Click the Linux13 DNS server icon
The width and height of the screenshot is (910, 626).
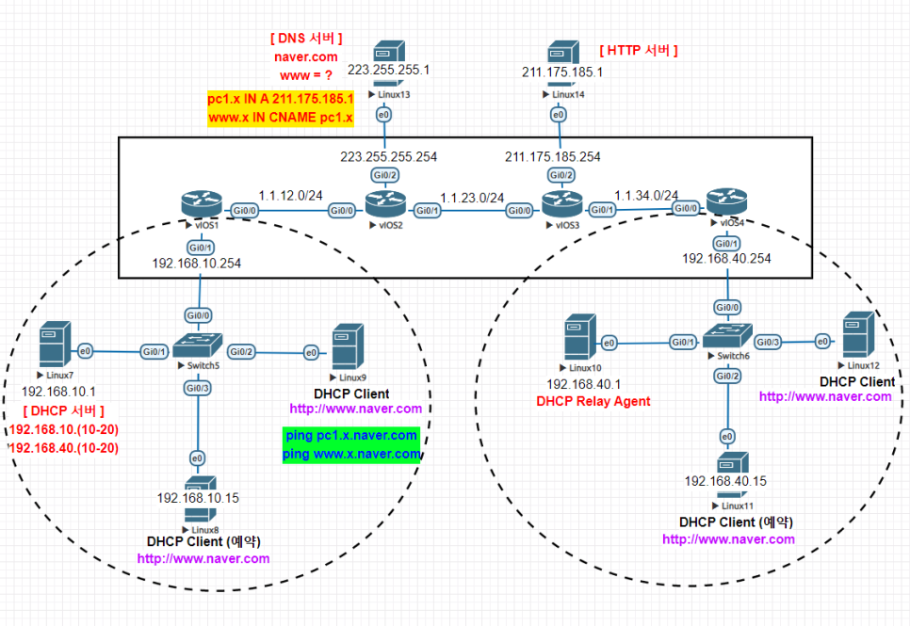[387, 63]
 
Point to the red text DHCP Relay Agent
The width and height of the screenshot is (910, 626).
[593, 401]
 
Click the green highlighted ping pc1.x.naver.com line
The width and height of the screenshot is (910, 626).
[351, 436]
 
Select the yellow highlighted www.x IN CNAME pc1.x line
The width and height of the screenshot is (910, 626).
[280, 118]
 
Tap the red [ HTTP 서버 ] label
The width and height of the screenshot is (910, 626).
[639, 50]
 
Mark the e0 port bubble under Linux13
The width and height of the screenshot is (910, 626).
[383, 115]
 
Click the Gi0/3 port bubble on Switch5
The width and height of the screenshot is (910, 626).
[197, 388]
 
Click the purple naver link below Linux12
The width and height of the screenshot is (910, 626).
[825, 396]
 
